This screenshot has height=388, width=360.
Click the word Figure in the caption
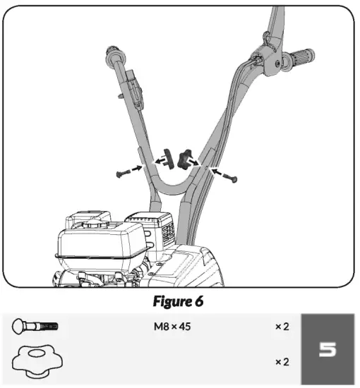(x=170, y=301)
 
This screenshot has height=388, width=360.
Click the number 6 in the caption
(x=200, y=301)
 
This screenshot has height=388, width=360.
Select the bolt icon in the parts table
(x=35, y=327)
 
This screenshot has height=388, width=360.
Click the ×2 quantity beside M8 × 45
(x=282, y=327)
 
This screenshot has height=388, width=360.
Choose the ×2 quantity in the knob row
(x=282, y=361)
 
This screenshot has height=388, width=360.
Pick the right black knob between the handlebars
(x=186, y=158)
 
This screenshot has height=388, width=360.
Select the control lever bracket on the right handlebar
(x=267, y=56)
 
